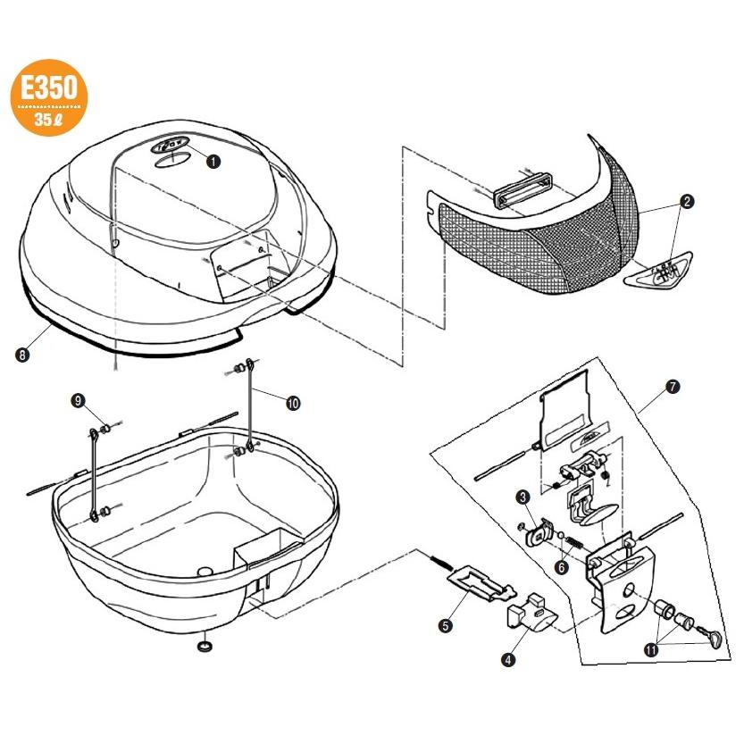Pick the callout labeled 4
pos(507,660)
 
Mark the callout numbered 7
pos(671,387)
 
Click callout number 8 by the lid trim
pos(22,355)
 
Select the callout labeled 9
pos(79,402)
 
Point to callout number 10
pos(294,403)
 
